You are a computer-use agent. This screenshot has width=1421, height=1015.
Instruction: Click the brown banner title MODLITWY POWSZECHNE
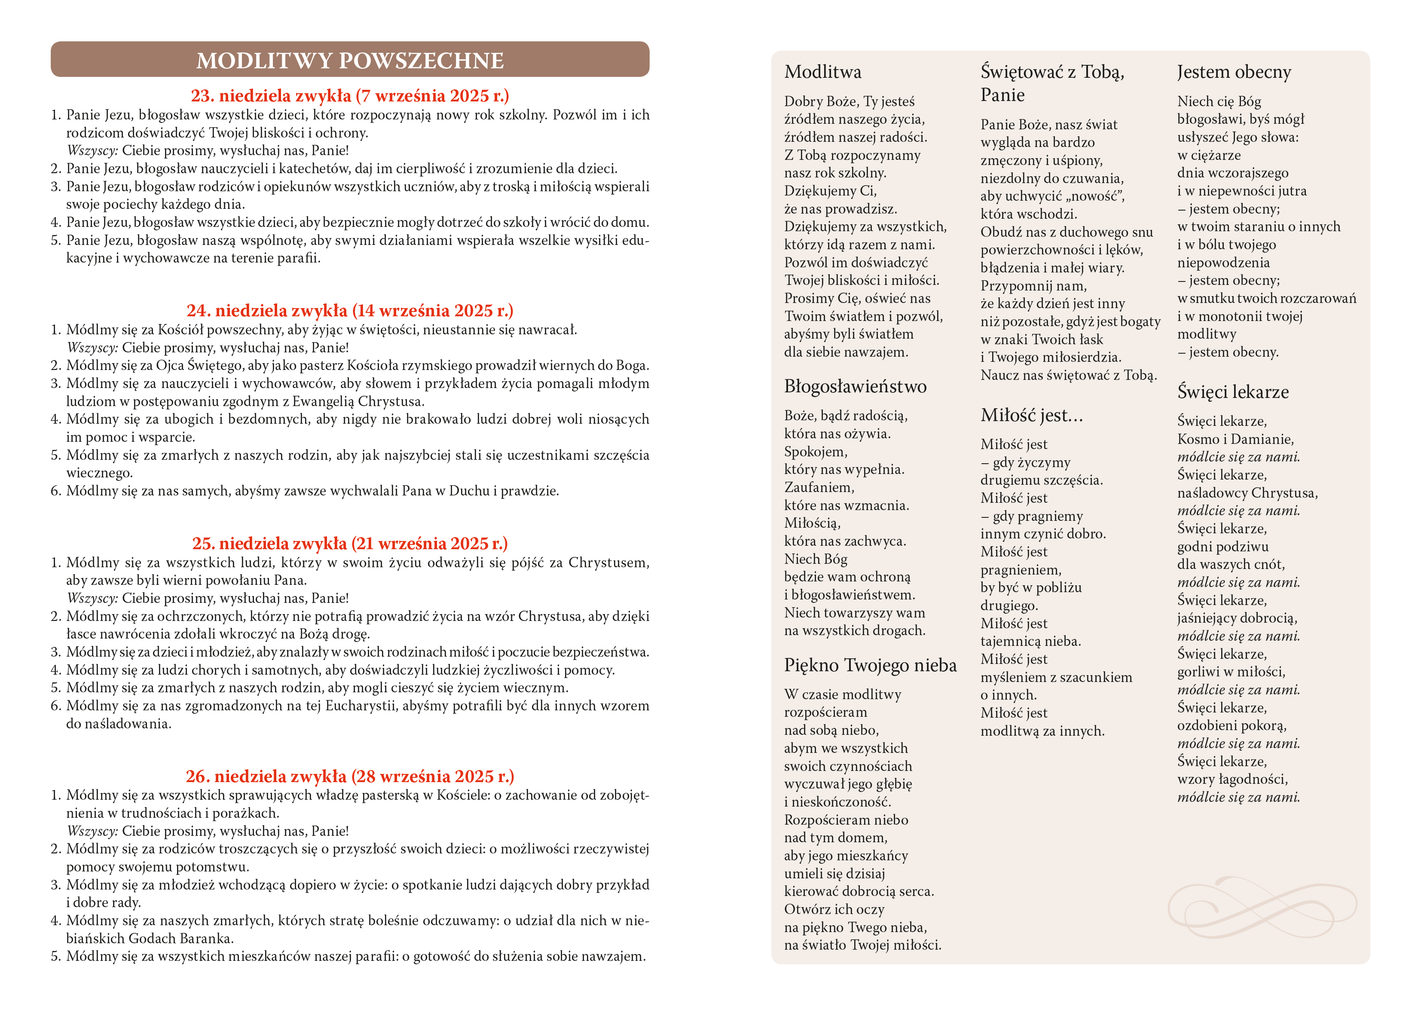[350, 60]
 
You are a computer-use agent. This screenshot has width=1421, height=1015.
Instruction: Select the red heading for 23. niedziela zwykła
[350, 96]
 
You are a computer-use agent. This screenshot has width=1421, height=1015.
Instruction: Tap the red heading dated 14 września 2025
[350, 311]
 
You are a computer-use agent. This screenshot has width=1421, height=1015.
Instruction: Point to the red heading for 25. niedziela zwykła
[350, 543]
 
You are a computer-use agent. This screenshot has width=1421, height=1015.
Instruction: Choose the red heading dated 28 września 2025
[350, 776]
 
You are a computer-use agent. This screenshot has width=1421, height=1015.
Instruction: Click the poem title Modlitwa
[822, 72]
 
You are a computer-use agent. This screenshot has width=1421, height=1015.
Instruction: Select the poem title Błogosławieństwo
[855, 386]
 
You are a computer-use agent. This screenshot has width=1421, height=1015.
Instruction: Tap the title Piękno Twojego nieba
[870, 665]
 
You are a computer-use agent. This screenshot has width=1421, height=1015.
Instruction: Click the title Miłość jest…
[1032, 415]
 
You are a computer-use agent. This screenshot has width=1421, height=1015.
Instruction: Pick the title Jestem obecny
[1234, 72]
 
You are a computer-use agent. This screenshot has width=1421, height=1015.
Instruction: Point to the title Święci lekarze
[1232, 392]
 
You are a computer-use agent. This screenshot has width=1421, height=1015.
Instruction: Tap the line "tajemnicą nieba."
[1030, 641]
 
